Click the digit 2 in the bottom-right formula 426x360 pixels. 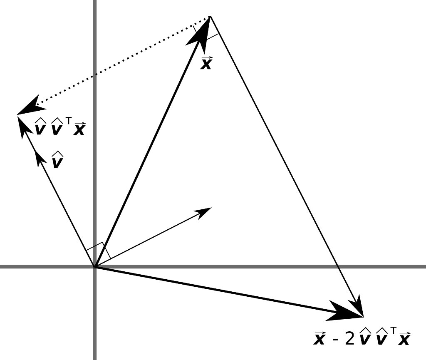(x=349, y=339)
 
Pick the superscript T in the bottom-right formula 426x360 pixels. (x=391, y=331)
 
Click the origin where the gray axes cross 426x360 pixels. (x=95, y=266)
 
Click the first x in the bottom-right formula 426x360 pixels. (x=319, y=339)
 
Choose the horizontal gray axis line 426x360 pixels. (x=250, y=266)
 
